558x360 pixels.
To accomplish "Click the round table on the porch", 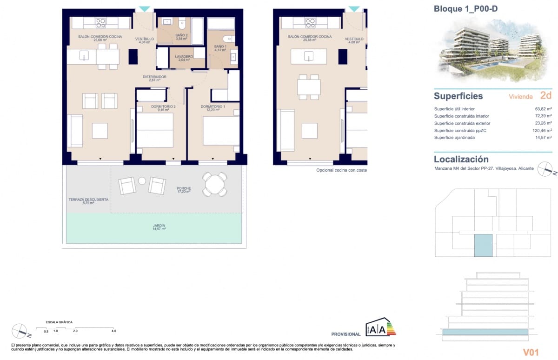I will tap(215, 185).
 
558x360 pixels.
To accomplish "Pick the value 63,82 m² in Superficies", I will tap(543, 109).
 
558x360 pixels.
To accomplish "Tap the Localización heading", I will tap(461, 160).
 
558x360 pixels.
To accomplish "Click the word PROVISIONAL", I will tap(345, 334).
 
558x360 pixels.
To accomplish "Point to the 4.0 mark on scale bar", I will tap(113, 331).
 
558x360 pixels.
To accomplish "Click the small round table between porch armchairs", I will tap(142, 181).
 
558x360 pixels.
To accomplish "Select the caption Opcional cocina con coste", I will tap(341, 171).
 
